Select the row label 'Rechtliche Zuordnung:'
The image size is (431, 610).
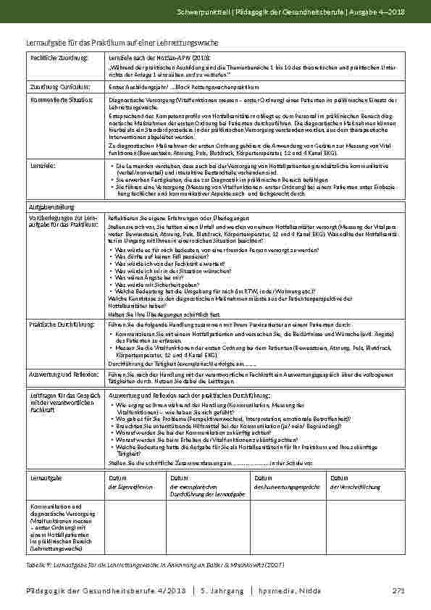coord(54,57)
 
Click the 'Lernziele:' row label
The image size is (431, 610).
coord(41,166)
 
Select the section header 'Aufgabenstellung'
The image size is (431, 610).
coord(48,206)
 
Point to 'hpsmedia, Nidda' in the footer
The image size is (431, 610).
coord(288,593)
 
